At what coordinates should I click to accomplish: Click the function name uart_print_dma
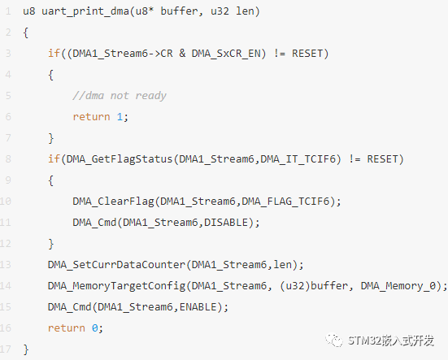click(x=85, y=11)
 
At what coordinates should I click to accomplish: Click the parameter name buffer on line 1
click(x=179, y=11)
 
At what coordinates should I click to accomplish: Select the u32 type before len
click(x=220, y=11)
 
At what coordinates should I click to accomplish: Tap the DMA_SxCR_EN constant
click(x=226, y=54)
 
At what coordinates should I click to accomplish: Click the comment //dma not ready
click(x=120, y=96)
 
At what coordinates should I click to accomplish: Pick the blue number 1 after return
click(x=120, y=117)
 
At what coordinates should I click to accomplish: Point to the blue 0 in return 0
click(x=95, y=328)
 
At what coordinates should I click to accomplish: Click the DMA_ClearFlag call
click(x=114, y=202)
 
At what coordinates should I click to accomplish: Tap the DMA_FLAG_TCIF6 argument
click(x=285, y=202)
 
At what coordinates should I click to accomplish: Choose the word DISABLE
click(x=226, y=223)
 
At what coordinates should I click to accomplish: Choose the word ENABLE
click(x=198, y=307)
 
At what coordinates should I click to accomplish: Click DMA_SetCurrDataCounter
click(x=116, y=265)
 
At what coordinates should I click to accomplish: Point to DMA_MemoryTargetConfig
click(x=116, y=286)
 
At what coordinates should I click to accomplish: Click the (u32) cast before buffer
click(x=295, y=286)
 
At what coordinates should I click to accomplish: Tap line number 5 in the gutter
click(x=8, y=96)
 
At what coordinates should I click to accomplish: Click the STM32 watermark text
click(x=390, y=340)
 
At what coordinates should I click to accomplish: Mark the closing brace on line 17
click(x=26, y=349)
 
